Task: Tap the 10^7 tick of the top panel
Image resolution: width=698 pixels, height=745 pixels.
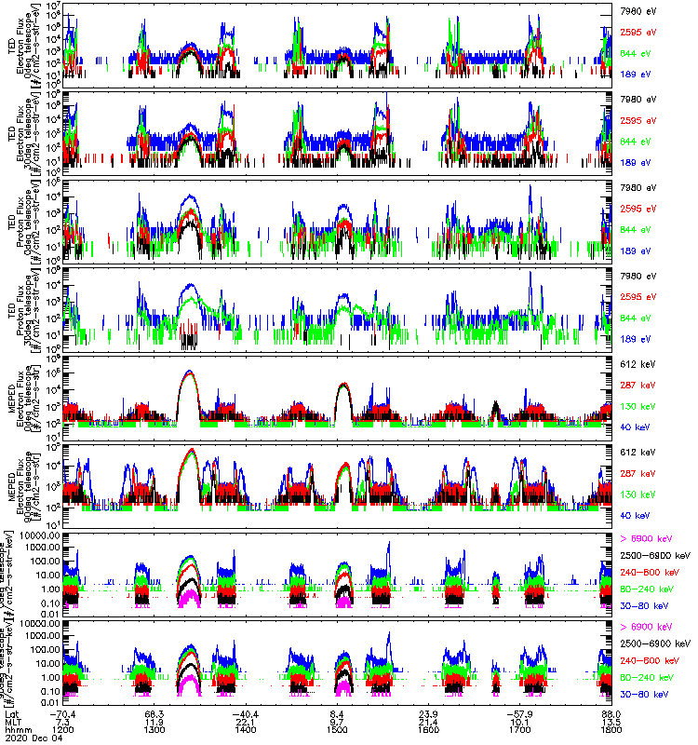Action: coord(54,6)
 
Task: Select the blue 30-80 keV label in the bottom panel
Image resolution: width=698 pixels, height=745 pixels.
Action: coord(641,695)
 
